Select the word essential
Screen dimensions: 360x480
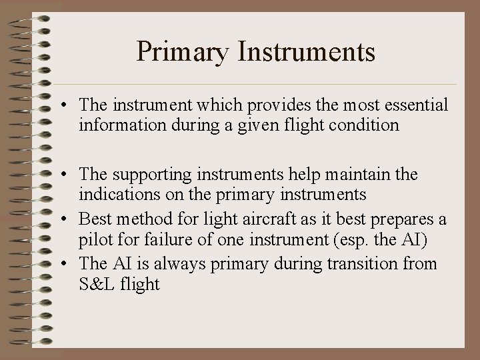tap(413, 105)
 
